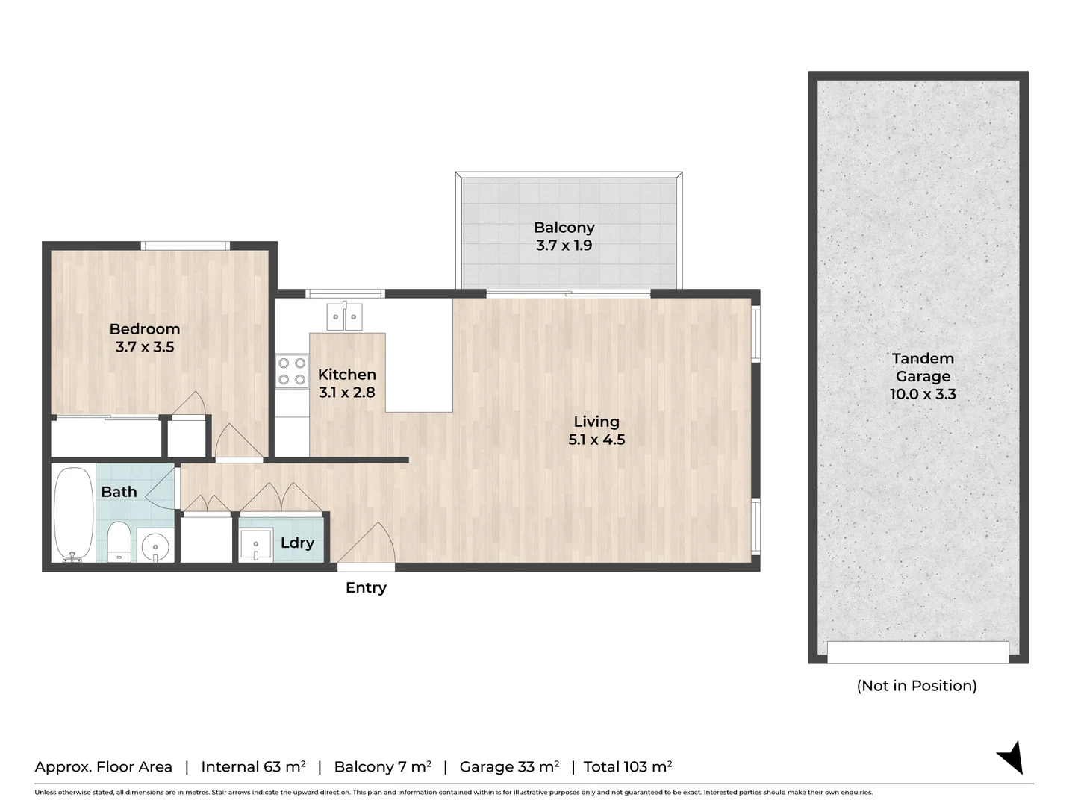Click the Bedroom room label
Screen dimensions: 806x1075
[145, 329]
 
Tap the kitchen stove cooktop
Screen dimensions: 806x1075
[292, 372]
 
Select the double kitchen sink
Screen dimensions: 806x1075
[344, 317]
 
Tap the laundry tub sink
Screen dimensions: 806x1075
[256, 544]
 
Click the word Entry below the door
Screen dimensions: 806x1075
[366, 588]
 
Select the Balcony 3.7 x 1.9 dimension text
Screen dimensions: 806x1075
[564, 246]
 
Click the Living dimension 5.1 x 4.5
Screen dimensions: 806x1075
[596, 440]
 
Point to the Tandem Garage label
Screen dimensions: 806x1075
[923, 368]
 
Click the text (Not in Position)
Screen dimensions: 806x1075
[917, 686]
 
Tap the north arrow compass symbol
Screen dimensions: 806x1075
[1011, 757]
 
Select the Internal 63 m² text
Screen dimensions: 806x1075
[253, 767]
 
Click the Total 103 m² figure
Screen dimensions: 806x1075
[628, 767]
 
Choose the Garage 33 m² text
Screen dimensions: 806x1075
[509, 767]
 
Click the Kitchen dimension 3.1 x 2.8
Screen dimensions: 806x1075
[346, 393]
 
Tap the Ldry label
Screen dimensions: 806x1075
[297, 543]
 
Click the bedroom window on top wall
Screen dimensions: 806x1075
[185, 246]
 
